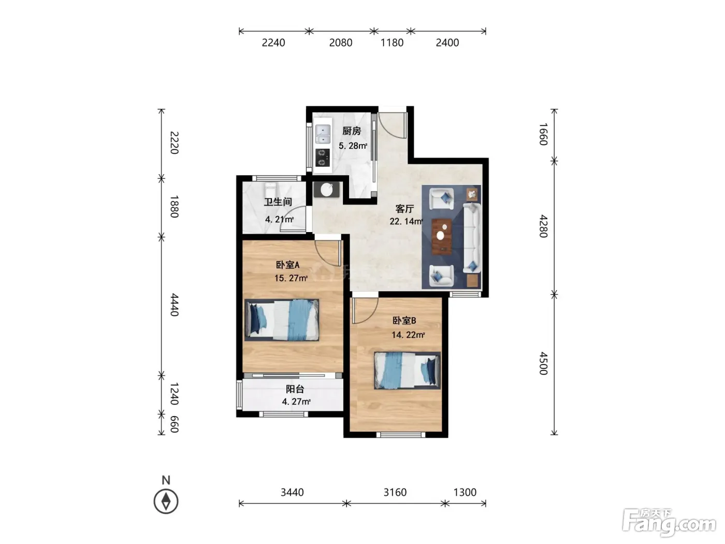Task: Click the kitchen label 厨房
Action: pos(352,131)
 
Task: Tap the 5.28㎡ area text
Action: pos(353,146)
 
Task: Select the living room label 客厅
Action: pos(404,209)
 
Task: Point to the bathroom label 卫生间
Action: pos(278,202)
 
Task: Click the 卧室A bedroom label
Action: pos(288,265)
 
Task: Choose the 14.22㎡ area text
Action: pos(408,335)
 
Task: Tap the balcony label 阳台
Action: pos(295,389)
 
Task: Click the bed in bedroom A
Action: pos(282,320)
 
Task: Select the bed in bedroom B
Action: pos(407,370)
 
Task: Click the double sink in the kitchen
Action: pos(323,134)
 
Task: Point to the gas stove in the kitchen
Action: pos(323,158)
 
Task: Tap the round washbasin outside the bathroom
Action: pos(327,190)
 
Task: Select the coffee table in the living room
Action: pos(442,236)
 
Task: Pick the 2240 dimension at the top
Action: pos(273,42)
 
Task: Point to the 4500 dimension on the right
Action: pos(543,363)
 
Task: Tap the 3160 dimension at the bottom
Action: pos(395,493)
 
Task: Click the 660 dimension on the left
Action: pos(174,424)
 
